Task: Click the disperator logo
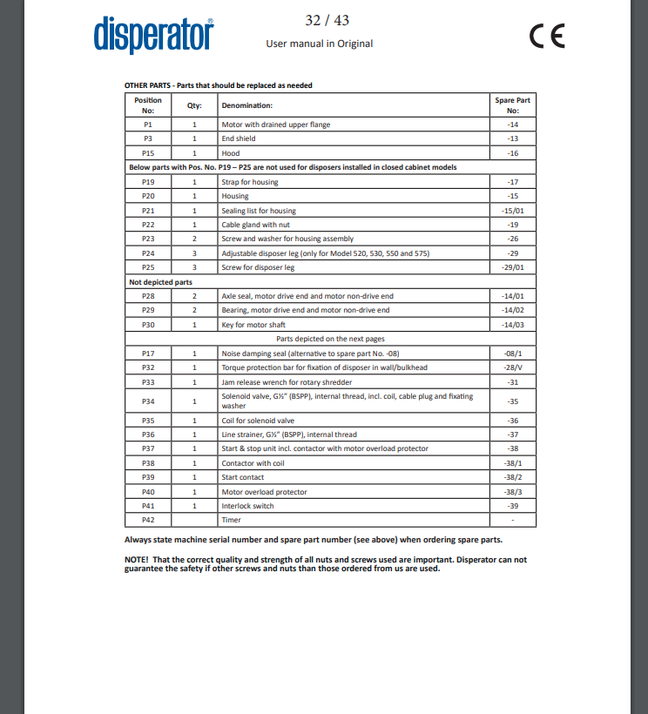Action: pos(153,35)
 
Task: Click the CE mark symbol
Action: pos(547,36)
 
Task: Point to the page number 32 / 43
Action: pos(327,20)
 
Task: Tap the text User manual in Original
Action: pos(319,44)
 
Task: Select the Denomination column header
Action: pos(247,105)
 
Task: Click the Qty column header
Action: pos(194,105)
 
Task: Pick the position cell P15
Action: pos(148,152)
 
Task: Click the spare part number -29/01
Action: pos(513,267)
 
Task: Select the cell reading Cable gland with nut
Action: pos(256,225)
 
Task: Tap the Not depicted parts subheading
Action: pos(161,282)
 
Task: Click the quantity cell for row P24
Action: pos(194,253)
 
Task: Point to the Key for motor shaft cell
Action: pos(253,325)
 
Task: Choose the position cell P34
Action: pos(148,401)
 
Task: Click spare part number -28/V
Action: pos(513,367)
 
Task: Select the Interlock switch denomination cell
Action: pos(247,506)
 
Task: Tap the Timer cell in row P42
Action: pos(232,520)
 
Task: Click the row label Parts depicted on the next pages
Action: pos(330,339)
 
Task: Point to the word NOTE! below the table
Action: pos(137,560)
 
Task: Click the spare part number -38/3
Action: pos(513,492)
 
